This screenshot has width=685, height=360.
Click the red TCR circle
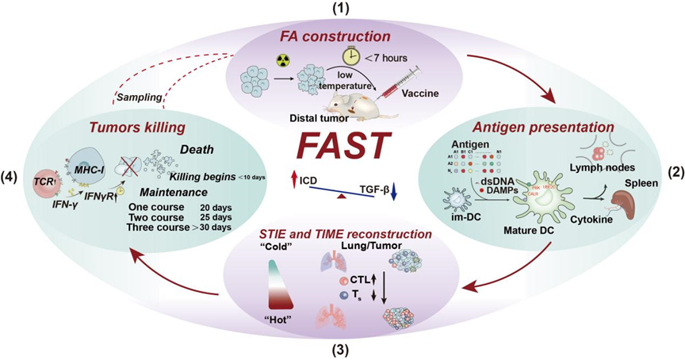42,181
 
